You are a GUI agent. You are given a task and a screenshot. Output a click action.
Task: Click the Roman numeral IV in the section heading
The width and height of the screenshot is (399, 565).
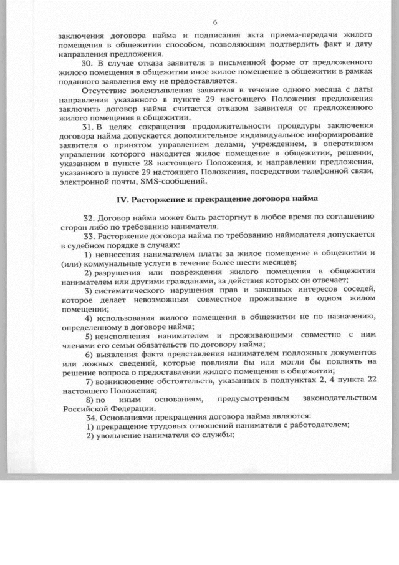coord(123,199)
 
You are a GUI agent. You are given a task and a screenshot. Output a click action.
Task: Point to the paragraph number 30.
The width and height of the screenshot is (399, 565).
coord(87,64)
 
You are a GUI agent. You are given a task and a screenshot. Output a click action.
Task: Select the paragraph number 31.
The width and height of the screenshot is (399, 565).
coord(87,127)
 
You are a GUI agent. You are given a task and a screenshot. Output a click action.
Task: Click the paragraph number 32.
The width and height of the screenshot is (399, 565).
coord(87,217)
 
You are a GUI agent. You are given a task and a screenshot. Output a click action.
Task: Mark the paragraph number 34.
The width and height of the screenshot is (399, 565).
coord(87,416)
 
